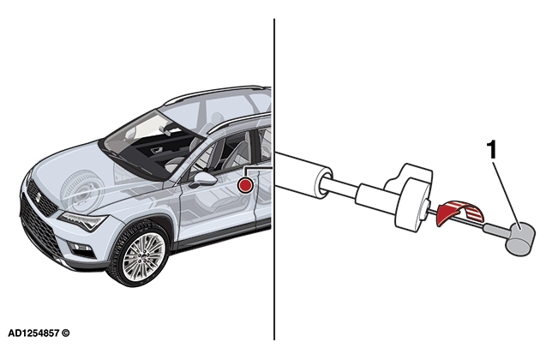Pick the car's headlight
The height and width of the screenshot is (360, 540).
click(x=82, y=221)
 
